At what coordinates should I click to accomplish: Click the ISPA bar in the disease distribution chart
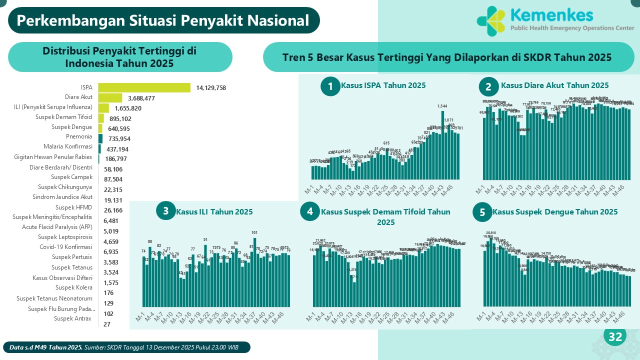click(x=144, y=87)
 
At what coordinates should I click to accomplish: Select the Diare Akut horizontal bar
click(x=110, y=98)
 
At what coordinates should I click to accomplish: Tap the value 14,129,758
click(x=211, y=88)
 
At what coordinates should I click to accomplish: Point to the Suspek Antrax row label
click(x=73, y=318)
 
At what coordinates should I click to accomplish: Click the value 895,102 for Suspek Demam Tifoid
click(x=120, y=118)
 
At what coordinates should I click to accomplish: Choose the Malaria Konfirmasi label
click(x=72, y=147)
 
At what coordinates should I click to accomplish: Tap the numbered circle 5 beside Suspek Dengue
click(x=482, y=212)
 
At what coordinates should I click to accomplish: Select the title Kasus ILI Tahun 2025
click(x=214, y=212)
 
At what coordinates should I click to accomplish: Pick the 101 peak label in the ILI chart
click(x=254, y=232)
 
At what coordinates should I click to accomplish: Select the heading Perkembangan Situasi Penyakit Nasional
click(x=163, y=20)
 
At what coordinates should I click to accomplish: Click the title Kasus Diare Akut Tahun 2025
click(x=554, y=85)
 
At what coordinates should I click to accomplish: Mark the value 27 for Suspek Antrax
click(x=107, y=324)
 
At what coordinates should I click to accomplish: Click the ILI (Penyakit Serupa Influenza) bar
click(x=103, y=108)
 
